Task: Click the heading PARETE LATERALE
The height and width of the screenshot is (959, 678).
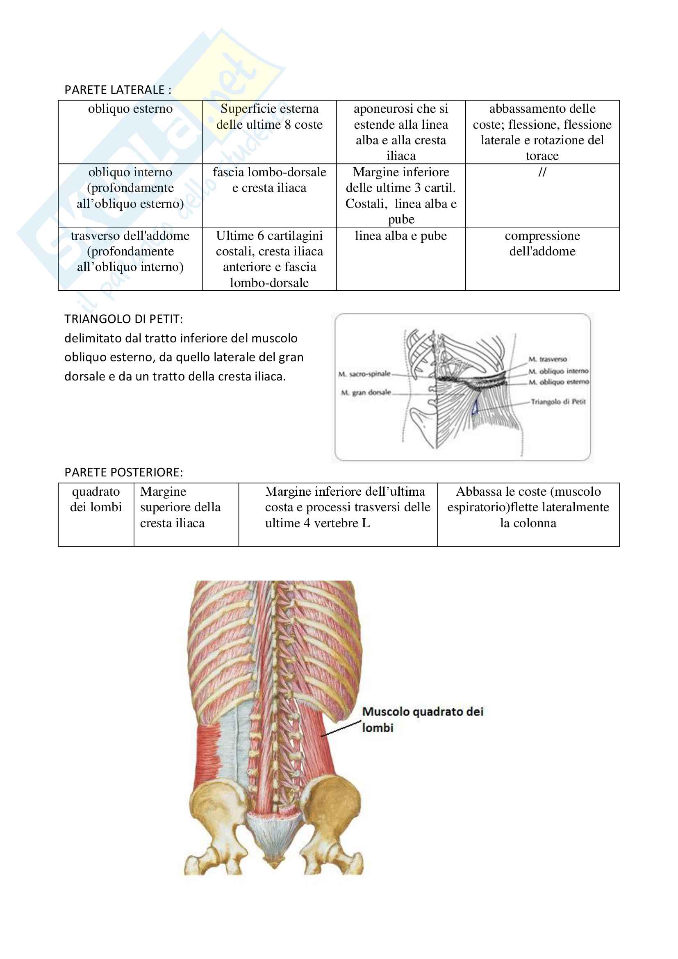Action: click(x=118, y=90)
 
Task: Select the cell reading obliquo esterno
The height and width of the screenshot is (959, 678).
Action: click(x=130, y=109)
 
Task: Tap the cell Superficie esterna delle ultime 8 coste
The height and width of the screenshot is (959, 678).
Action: click(x=269, y=117)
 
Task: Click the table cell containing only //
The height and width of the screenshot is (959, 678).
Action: click(x=542, y=172)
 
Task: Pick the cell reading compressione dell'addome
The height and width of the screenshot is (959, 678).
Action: click(x=542, y=244)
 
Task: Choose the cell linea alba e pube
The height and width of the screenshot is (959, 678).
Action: click(x=400, y=236)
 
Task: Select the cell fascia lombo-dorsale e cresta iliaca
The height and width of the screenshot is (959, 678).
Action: click(x=269, y=180)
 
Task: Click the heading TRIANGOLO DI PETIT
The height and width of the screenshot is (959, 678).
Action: click(x=123, y=319)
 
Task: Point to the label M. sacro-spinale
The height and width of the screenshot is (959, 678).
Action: click(x=364, y=374)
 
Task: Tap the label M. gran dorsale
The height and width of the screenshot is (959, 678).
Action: click(x=366, y=393)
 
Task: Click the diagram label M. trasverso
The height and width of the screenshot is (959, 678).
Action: click(x=547, y=359)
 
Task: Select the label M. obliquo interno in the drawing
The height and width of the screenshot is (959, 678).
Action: click(x=558, y=371)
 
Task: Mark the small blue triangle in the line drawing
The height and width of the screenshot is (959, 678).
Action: click(x=475, y=408)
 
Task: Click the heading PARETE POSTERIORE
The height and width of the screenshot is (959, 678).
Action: click(x=123, y=472)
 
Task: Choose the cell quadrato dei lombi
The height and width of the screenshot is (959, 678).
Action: click(x=96, y=499)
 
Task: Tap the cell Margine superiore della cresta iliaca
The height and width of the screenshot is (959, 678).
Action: click(x=180, y=507)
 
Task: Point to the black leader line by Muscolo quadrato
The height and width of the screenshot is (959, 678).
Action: click(x=340, y=728)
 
